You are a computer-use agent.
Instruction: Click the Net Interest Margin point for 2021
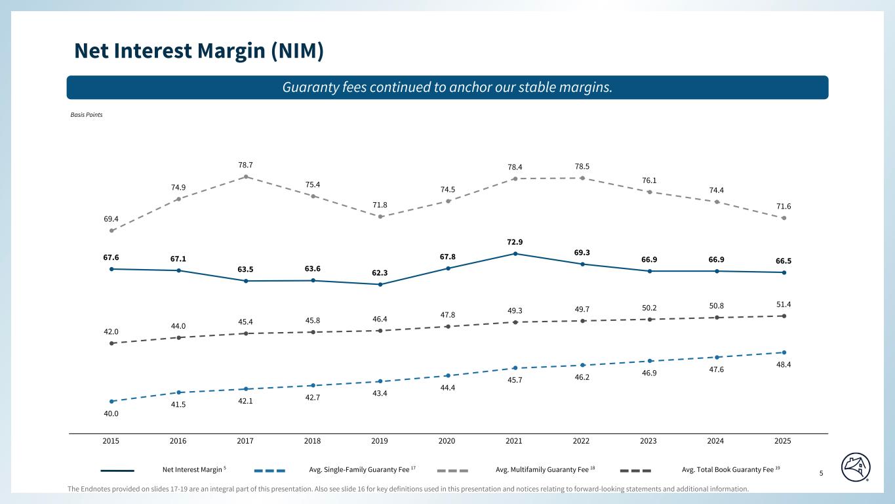point(515,254)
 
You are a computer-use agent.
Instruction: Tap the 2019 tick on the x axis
point(380,440)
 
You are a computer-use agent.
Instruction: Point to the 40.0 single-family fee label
point(111,413)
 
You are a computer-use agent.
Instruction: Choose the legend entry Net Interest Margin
point(191,469)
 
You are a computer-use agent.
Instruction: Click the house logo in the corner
point(856,467)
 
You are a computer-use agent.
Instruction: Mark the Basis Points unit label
point(87,114)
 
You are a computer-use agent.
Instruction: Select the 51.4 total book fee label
point(784,304)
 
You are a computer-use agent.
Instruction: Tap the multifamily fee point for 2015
point(112,231)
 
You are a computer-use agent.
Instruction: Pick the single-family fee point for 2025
point(784,352)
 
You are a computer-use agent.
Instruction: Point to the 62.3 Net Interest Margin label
point(380,272)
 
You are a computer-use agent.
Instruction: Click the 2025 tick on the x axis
point(783,440)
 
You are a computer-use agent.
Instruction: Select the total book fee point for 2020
point(448,326)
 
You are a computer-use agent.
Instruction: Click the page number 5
point(821,472)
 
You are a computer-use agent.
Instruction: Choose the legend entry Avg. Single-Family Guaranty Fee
point(359,469)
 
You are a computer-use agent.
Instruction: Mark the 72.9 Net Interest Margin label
point(514,241)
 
